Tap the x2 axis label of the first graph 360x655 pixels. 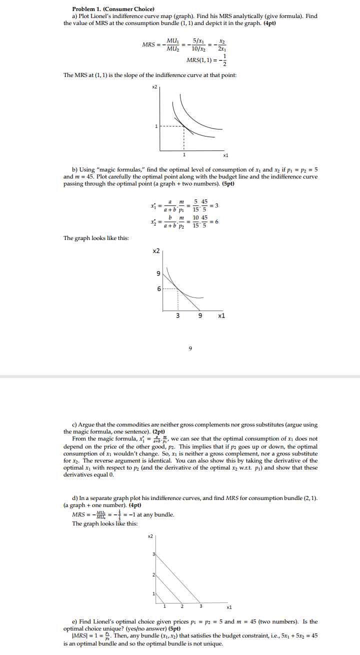click(x=154, y=86)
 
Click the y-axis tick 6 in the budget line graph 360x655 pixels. click(x=159, y=289)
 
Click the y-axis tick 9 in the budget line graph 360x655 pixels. click(x=159, y=273)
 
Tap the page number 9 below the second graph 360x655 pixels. click(x=190, y=349)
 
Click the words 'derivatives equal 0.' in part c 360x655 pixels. click(x=88, y=474)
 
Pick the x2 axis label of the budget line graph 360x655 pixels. click(x=156, y=250)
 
